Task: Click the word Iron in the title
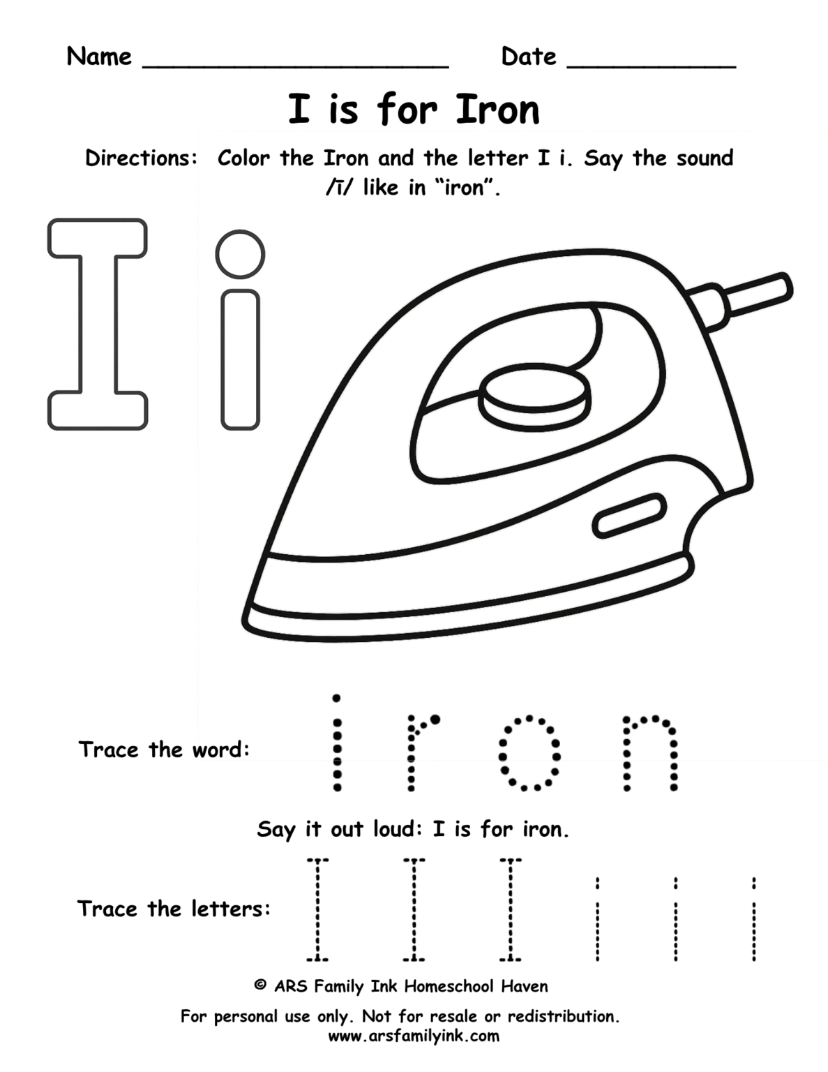click(x=497, y=110)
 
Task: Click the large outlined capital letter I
click(x=98, y=324)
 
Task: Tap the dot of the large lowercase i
click(x=240, y=253)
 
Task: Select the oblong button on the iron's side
click(x=629, y=516)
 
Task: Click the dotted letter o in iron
click(x=529, y=753)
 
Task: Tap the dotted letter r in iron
click(x=419, y=752)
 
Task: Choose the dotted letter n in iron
click(x=650, y=752)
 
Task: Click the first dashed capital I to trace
click(x=317, y=909)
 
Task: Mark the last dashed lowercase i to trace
click(x=754, y=918)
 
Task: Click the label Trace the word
click(x=163, y=750)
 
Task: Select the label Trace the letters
click(x=173, y=909)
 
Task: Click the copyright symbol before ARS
click(x=260, y=985)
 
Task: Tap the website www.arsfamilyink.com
click(x=414, y=1036)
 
